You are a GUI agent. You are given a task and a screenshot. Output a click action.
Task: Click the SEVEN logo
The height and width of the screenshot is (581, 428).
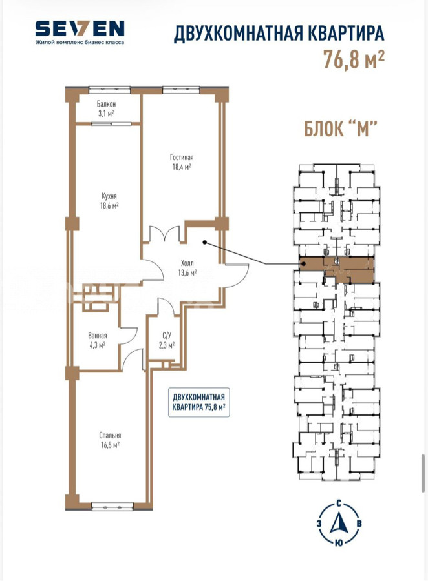(x=80, y=28)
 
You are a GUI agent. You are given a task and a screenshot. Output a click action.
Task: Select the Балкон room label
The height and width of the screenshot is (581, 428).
(x=106, y=104)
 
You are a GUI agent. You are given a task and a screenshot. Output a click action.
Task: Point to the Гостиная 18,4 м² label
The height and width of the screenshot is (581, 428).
(x=182, y=162)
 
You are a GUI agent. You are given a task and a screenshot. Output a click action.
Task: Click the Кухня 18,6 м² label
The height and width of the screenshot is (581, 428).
(x=109, y=201)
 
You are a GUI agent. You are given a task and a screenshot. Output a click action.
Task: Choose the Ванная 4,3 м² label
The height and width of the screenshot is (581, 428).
(x=98, y=340)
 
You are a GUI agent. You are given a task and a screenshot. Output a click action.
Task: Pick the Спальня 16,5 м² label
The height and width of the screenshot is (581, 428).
(x=110, y=440)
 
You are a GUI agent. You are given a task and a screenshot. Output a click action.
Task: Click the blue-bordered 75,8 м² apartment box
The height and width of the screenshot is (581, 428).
(x=199, y=402)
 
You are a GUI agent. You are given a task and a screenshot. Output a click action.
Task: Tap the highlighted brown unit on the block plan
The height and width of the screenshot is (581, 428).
(x=336, y=270)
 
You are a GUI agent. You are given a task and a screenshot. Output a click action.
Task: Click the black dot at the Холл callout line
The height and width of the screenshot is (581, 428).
(x=204, y=242)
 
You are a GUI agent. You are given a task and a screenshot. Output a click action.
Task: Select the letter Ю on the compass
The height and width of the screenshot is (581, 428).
(x=339, y=543)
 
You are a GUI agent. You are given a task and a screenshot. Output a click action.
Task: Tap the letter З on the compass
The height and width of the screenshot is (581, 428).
(x=319, y=523)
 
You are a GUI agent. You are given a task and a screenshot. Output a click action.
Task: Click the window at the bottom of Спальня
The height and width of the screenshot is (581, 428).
(x=112, y=506)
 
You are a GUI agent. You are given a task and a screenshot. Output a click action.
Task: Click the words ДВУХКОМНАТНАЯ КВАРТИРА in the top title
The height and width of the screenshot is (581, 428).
(x=279, y=34)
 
